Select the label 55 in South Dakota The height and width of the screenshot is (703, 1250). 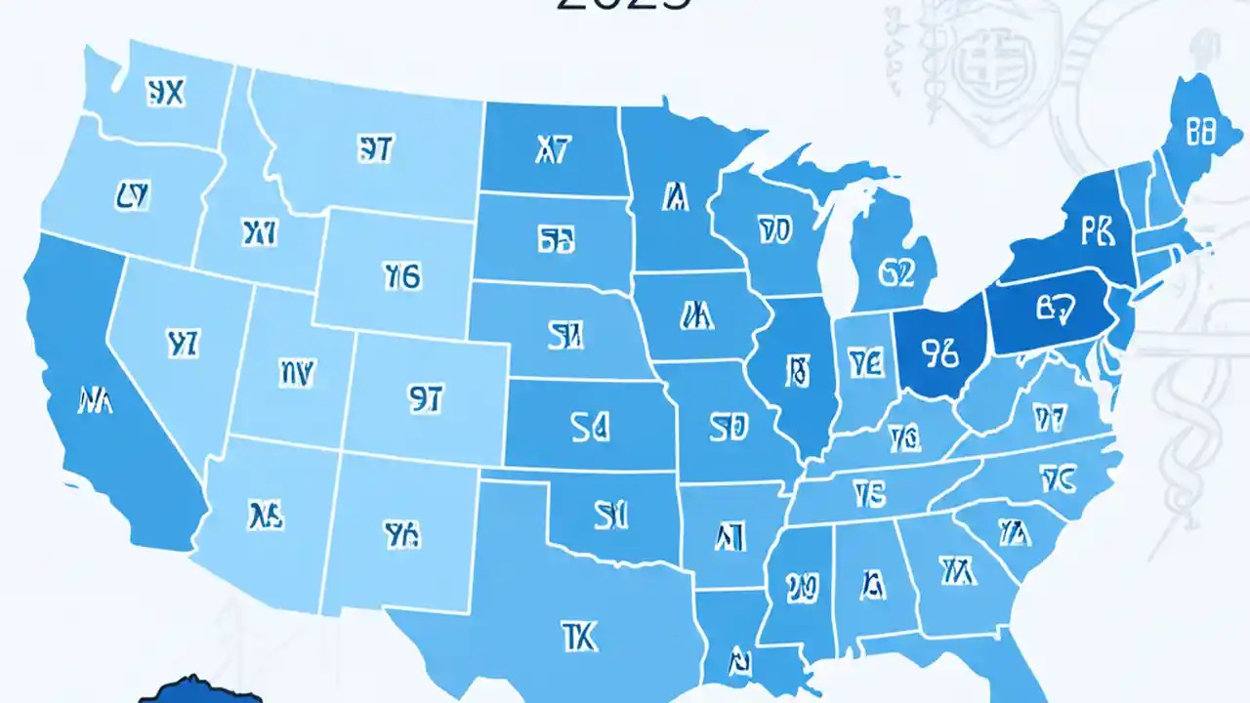tap(555, 240)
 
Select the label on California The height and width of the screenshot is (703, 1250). tap(93, 399)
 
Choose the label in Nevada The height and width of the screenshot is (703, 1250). tap(183, 343)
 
